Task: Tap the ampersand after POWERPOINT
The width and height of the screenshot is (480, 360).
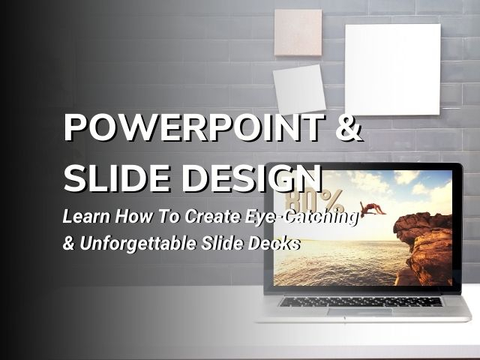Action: (x=349, y=127)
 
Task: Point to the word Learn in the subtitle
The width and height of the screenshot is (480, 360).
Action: (x=86, y=216)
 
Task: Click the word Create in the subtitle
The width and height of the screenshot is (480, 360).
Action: (x=212, y=216)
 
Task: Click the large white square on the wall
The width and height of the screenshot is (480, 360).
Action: (x=393, y=70)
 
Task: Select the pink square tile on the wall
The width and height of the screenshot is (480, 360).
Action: (x=298, y=32)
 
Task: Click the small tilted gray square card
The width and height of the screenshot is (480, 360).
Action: (x=299, y=89)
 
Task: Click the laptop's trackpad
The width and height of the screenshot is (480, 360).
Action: (x=360, y=312)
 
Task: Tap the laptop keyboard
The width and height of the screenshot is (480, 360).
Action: (x=360, y=301)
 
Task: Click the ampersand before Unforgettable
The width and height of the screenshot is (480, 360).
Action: (x=68, y=243)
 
